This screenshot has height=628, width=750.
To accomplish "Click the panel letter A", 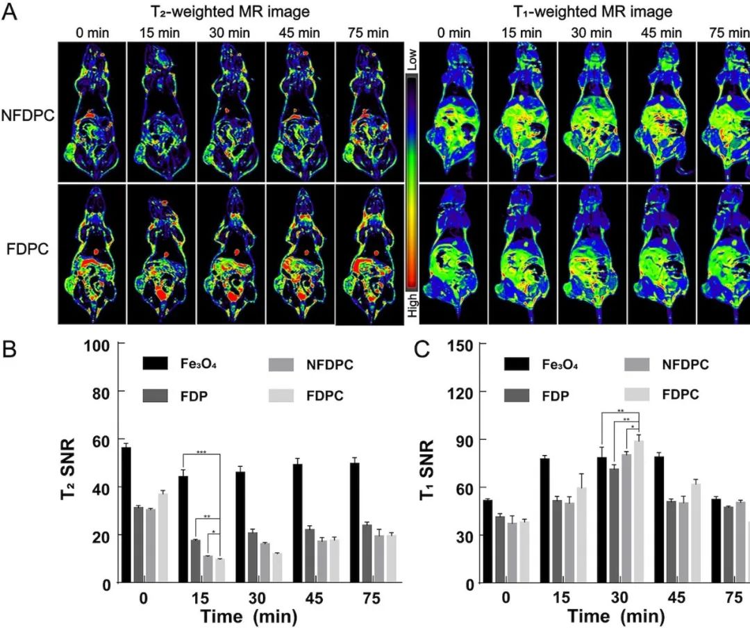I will point(11,13).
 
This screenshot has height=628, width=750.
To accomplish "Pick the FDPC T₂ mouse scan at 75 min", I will point(370,254).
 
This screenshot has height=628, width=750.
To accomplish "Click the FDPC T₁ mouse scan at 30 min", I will point(592,254).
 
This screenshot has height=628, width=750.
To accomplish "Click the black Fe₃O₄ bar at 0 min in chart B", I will point(126,514).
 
